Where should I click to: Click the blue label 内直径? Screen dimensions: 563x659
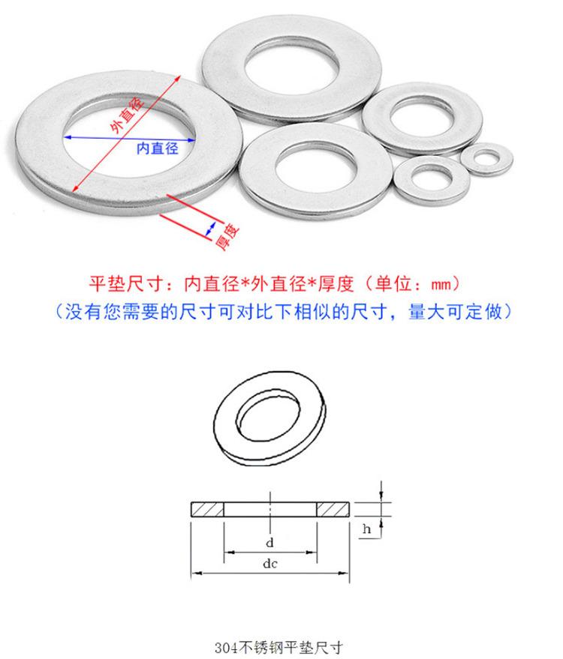coord(158,148)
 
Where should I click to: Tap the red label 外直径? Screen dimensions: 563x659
coord(127,114)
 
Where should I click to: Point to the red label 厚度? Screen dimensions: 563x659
coord(227,237)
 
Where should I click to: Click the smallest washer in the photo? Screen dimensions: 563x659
coord(487,159)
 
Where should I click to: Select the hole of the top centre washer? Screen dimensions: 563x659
coord(291,67)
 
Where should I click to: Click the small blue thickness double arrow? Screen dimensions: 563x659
coord(210,229)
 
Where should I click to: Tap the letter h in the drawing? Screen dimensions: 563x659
coord(366,529)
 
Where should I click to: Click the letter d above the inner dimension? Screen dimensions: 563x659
coord(269,543)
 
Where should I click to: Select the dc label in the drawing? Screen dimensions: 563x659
coord(269,563)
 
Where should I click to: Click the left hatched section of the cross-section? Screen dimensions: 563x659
coord(207,509)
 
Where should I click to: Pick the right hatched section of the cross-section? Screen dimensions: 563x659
coord(333,509)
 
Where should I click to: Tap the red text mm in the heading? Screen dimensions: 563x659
coord(441,284)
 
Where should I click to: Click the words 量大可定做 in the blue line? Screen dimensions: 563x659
coord(456,312)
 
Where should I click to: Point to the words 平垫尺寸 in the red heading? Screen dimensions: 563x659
coord(125,283)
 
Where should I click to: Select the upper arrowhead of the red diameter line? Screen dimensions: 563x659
coord(178,78)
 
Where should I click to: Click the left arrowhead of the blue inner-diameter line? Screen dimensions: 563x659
coord(68,137)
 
